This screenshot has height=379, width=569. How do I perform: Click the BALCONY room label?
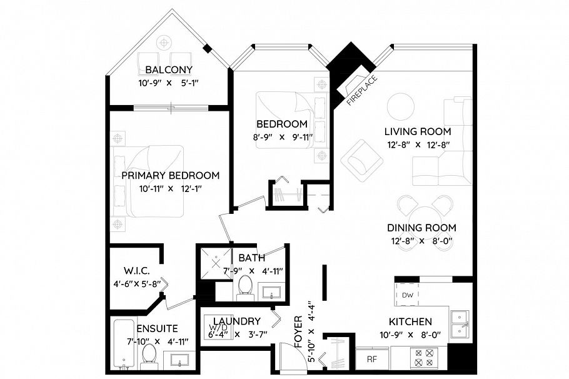click(168, 69)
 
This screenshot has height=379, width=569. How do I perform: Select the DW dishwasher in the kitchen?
click(408, 295)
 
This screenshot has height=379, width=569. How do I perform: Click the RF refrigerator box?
click(372, 359)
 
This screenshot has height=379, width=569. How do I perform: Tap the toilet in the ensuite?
click(148, 354)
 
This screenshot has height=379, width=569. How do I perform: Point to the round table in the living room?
click(400, 107)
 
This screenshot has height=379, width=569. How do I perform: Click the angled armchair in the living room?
click(361, 159)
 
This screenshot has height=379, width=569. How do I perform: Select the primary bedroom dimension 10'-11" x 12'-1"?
click(170, 188)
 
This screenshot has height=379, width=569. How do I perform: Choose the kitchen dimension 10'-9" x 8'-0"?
click(410, 335)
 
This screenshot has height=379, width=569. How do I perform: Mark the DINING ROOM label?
click(421, 228)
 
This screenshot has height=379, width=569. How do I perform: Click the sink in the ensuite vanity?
click(179, 360)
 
